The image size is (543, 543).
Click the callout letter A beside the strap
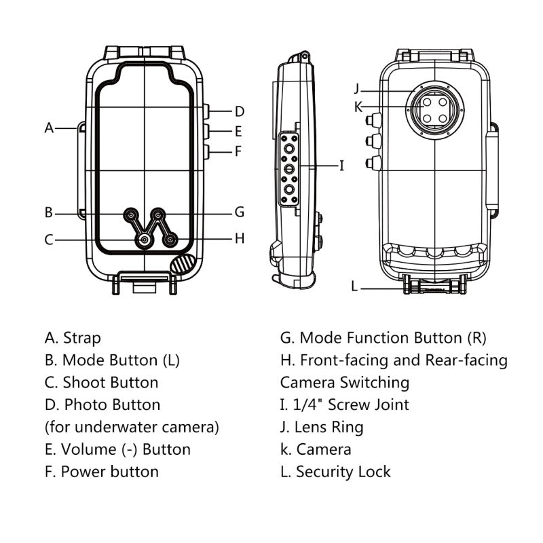point(49,128)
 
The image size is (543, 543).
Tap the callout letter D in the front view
point(240,111)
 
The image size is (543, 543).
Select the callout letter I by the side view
point(341,165)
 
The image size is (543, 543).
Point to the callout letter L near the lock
point(354,286)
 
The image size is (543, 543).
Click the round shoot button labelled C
point(144,239)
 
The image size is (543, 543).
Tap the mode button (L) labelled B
point(130,215)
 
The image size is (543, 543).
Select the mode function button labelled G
point(157,215)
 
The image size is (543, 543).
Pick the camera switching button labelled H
point(170,239)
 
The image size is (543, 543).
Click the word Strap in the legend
point(81,337)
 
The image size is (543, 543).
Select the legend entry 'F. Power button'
point(102,471)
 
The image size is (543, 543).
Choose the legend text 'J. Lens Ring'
point(322,427)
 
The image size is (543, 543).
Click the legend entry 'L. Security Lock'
point(335,471)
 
